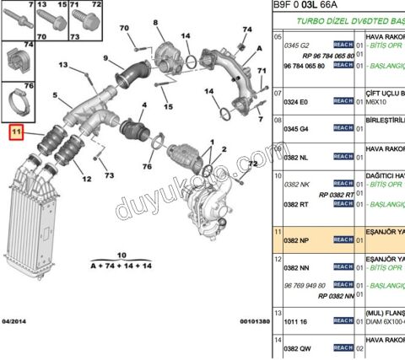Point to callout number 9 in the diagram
click(x=105, y=57)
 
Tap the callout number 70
click(x=125, y=29)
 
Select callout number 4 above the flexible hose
click(x=144, y=106)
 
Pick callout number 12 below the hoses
click(x=87, y=179)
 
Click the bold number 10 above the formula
click(x=121, y=255)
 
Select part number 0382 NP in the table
click(x=298, y=240)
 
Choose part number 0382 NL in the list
click(x=298, y=157)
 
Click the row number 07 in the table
click(x=277, y=93)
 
